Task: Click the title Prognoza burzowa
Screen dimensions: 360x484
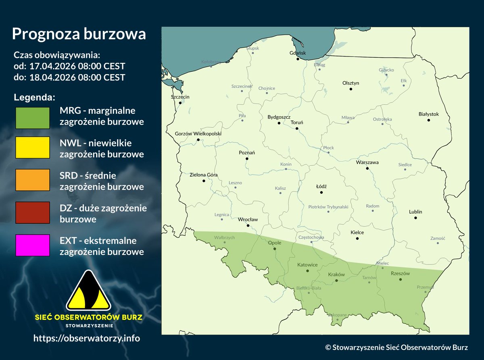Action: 79,34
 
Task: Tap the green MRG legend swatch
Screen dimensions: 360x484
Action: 32,118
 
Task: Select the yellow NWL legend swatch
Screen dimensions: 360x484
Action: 32,147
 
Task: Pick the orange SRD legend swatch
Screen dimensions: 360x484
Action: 32,180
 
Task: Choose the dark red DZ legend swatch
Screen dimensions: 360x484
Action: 32,212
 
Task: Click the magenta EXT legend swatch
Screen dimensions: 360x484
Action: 32,245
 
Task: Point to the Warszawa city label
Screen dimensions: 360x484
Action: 367,162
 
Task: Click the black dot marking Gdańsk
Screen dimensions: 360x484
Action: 298,59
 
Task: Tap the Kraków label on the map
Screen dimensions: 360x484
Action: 336,274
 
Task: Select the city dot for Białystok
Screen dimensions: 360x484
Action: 429,120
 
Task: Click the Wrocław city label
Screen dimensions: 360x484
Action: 248,219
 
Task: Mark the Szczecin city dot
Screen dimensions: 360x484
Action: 180,103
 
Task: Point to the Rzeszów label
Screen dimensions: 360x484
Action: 400,273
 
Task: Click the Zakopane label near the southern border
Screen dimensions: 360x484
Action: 338,315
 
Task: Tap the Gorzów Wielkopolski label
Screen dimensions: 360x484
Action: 198,134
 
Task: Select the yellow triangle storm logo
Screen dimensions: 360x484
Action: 88,291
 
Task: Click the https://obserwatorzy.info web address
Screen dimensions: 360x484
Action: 87,338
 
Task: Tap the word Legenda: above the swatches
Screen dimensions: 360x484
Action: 34,98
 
